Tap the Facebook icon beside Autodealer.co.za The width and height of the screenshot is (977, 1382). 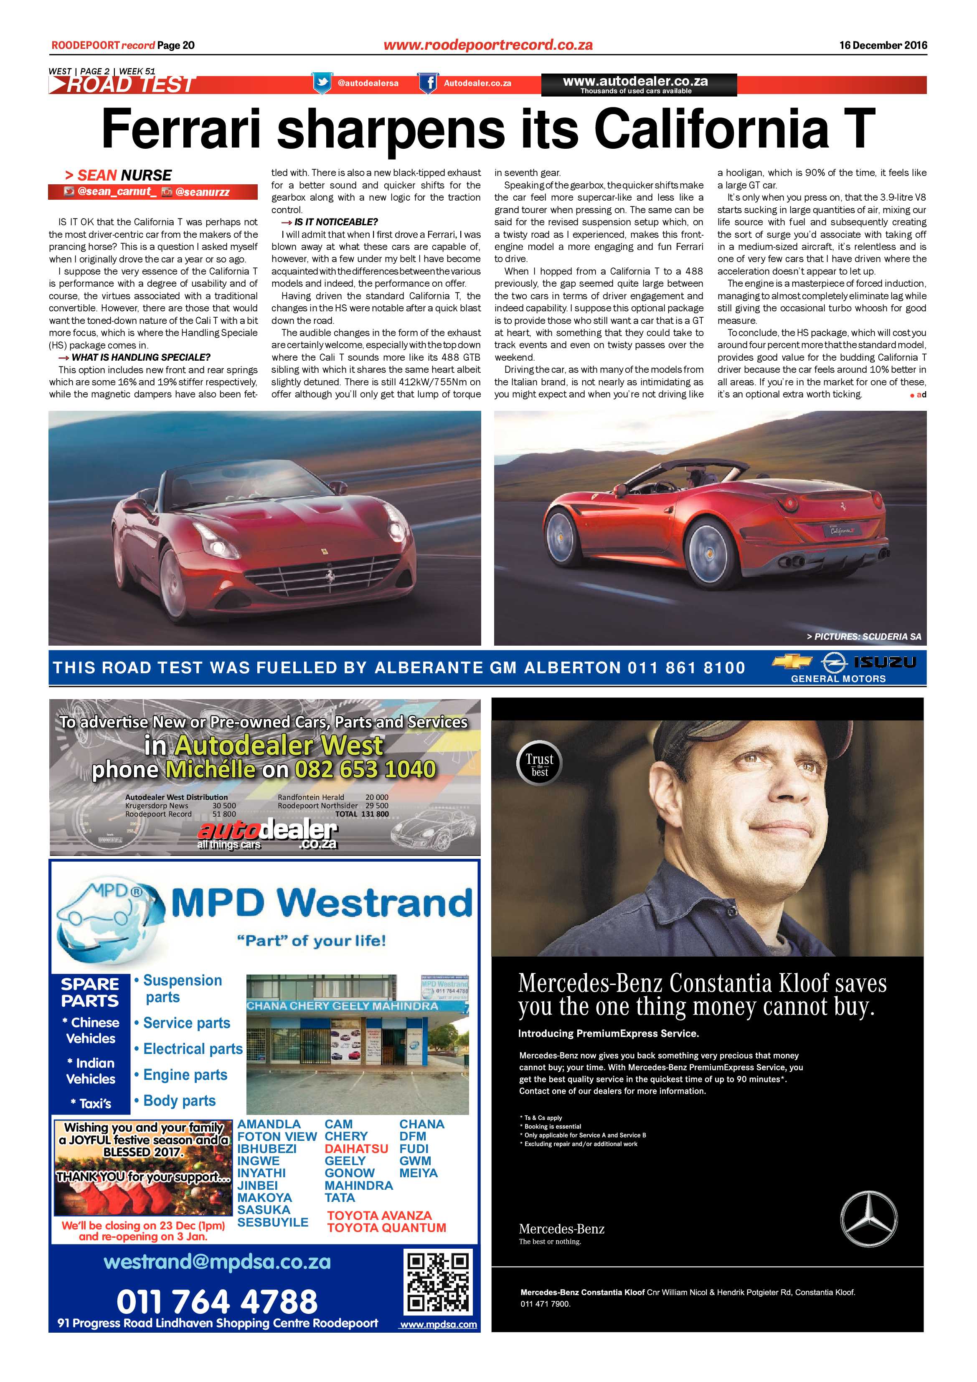[428, 83]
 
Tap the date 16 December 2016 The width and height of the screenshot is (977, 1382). [883, 45]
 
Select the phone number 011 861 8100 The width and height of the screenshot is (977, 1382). [686, 667]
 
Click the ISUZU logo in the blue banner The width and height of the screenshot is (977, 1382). [885, 662]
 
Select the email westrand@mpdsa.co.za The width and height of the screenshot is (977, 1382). [217, 1262]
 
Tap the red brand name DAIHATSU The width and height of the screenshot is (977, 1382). [356, 1148]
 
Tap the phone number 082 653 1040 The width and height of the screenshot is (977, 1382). [365, 769]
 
